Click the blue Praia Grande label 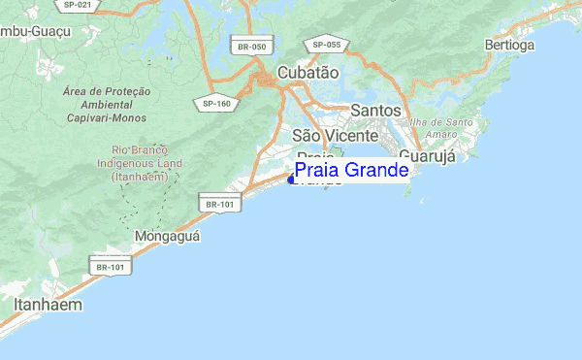[350, 171]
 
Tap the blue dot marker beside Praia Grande [291, 179]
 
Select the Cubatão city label [307, 73]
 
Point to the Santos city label [375, 111]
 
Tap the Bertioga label [509, 45]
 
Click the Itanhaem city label [48, 305]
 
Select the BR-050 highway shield [250, 47]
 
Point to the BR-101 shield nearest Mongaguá [219, 203]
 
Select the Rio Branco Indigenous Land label [141, 164]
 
